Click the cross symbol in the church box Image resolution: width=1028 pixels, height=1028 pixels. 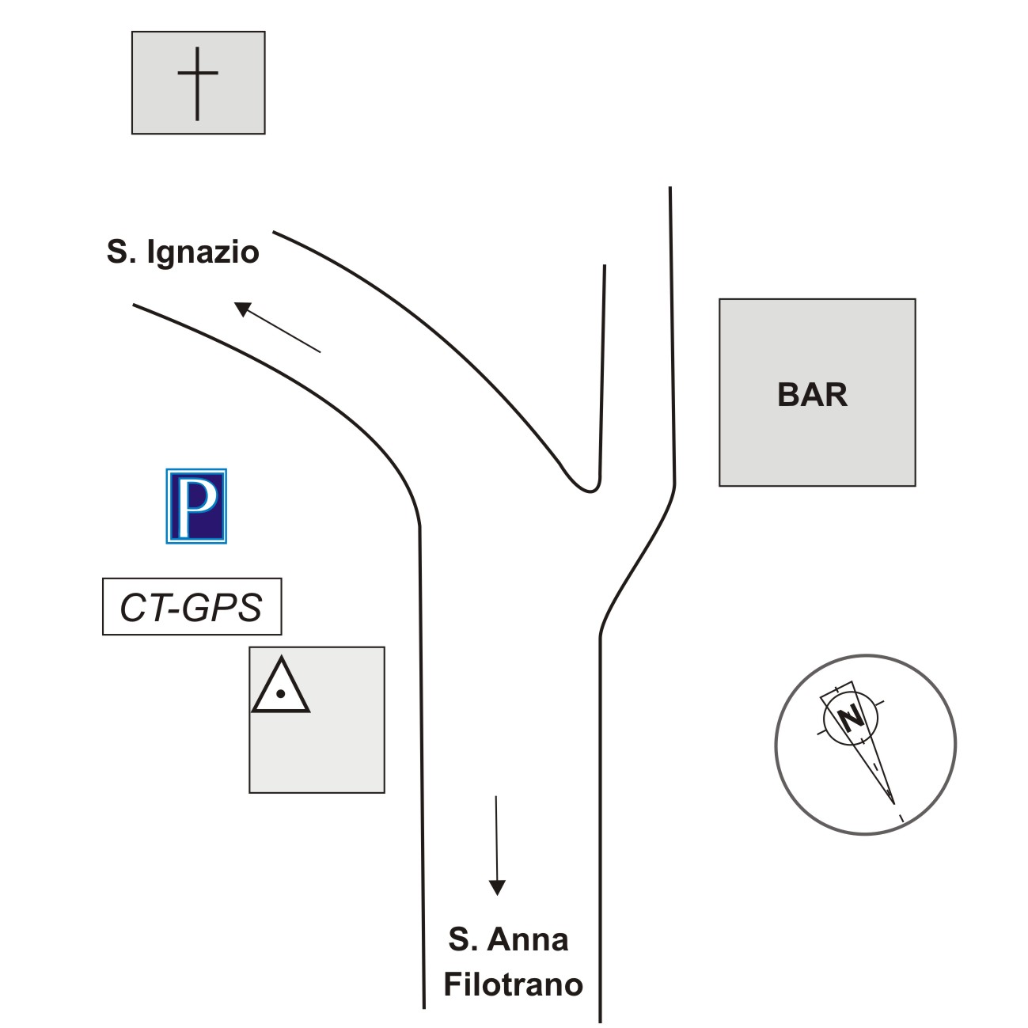point(197,82)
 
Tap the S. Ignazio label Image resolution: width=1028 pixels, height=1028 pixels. point(183,252)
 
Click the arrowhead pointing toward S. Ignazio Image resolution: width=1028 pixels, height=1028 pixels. point(243,309)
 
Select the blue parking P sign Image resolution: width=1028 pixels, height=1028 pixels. point(196,506)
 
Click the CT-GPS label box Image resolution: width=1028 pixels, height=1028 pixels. point(192,607)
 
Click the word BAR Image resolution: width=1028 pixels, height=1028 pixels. point(812,395)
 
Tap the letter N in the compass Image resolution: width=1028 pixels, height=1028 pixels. point(852,719)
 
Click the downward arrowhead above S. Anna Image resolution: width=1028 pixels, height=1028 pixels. point(496,887)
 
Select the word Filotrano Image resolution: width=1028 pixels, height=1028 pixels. point(513,984)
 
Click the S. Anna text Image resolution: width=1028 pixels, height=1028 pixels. point(508,939)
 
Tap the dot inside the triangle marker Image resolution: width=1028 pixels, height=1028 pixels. point(280,694)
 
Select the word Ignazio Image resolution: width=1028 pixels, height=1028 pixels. point(203,252)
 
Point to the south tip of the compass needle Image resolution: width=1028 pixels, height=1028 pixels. point(893,800)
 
